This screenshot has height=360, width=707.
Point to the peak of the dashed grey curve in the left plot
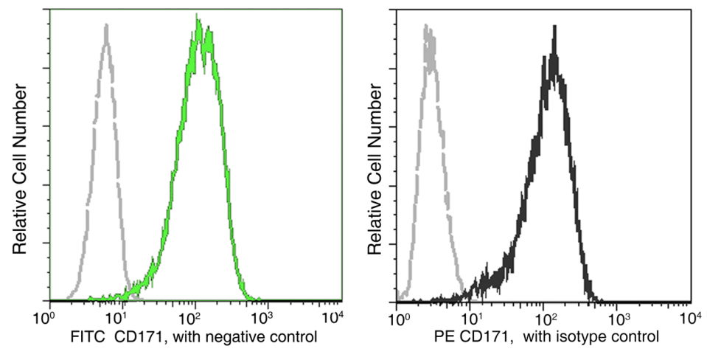click(106, 27)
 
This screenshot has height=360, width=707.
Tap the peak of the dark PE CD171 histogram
click(553, 28)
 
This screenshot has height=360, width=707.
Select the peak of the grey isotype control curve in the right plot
click(426, 27)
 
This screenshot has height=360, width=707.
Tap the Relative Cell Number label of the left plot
click(20, 170)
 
